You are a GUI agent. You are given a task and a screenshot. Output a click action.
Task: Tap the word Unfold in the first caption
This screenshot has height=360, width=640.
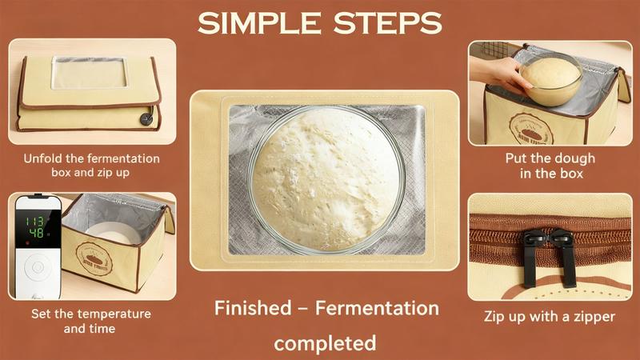(43, 158)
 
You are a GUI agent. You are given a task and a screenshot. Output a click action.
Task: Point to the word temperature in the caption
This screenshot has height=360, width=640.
(116, 314)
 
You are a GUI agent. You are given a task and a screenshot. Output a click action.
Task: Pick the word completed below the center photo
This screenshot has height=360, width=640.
(325, 343)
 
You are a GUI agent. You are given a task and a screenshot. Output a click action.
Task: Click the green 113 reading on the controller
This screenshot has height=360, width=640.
(35, 222)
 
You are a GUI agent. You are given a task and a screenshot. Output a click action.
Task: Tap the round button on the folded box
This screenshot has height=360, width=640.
(146, 118)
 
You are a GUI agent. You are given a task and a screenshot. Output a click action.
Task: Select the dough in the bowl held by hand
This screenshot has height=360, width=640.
(550, 73)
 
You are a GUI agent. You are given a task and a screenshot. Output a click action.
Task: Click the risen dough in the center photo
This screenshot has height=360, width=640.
(325, 177)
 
